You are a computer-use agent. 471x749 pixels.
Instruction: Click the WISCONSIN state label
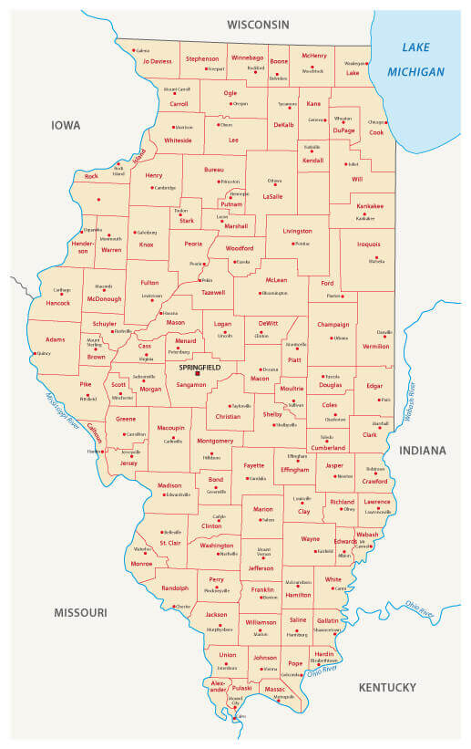(258, 24)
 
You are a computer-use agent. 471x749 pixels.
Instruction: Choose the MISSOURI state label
(79, 612)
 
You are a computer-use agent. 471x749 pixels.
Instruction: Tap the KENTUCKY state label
(387, 687)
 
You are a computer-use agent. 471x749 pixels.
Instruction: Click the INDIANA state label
(422, 451)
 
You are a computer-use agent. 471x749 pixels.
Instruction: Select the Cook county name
(376, 132)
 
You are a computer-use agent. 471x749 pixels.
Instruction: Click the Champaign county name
(333, 325)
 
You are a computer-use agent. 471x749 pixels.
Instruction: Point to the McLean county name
(275, 280)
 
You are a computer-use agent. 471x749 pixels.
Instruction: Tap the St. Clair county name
(169, 543)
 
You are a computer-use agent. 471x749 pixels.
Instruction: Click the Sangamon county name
(191, 386)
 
